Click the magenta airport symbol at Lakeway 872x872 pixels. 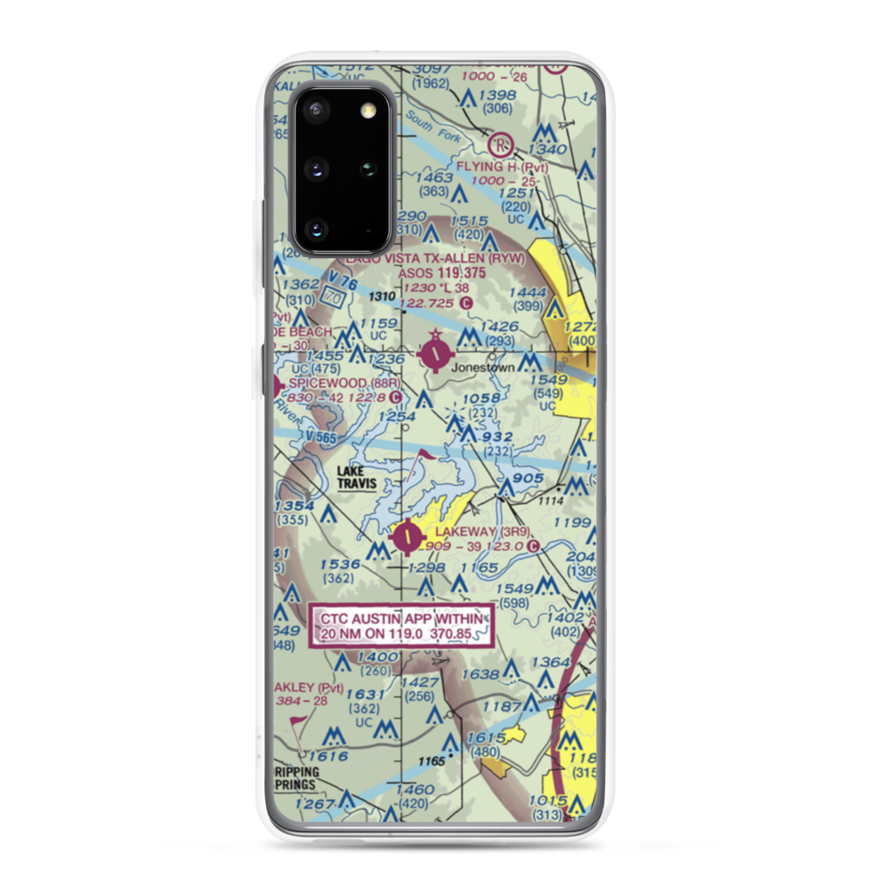point(407,537)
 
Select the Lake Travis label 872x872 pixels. point(355,477)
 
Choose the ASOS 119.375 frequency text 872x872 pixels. point(439,273)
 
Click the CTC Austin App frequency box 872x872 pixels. point(402,625)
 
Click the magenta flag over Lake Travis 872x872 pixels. point(425,455)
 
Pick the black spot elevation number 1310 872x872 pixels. point(381,297)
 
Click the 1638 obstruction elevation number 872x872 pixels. point(480,673)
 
